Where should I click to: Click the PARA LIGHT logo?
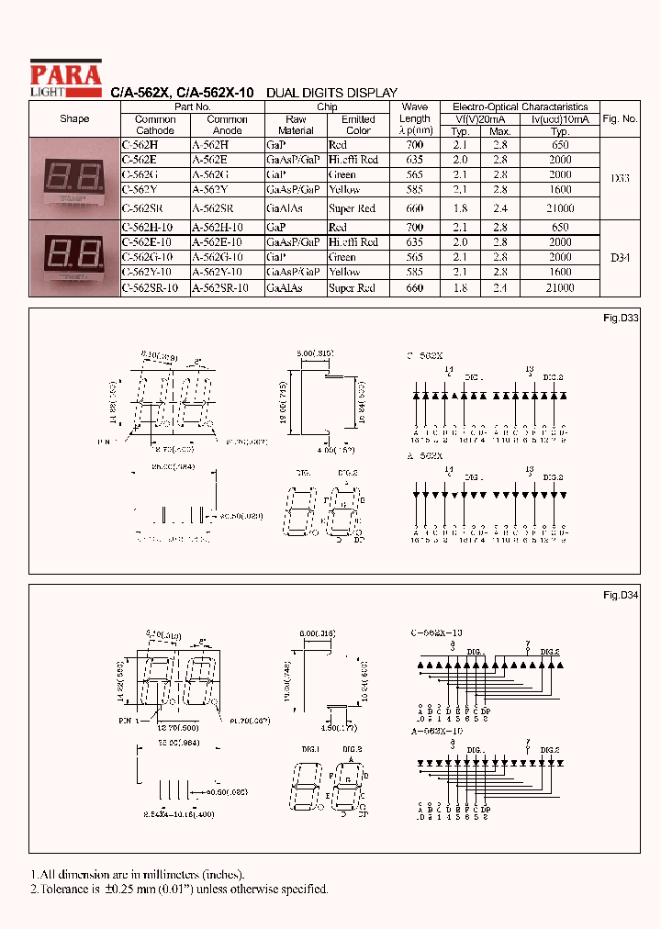(x=65, y=77)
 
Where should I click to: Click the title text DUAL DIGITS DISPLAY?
(x=331, y=94)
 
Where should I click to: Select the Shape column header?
(x=74, y=119)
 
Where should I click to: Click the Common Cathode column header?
(x=155, y=125)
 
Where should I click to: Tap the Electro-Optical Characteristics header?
(x=521, y=106)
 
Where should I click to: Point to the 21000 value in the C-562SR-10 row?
(x=559, y=288)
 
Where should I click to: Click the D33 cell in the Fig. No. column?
(x=620, y=178)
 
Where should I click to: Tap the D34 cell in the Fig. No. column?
(x=620, y=258)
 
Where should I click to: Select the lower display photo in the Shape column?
(x=74, y=257)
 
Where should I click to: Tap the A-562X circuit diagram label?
(x=425, y=456)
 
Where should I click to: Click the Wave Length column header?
(x=414, y=118)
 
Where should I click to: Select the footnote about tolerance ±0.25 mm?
(x=179, y=889)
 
